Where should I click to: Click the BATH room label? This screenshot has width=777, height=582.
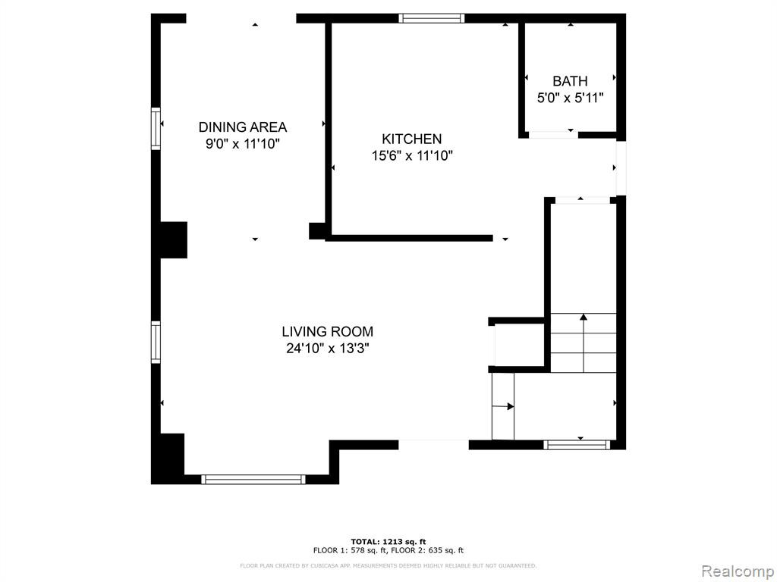[x=570, y=81]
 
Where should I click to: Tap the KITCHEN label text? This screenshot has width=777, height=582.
[x=411, y=139]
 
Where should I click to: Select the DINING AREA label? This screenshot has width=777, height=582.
[x=243, y=127]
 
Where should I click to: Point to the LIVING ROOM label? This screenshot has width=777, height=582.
[x=328, y=332]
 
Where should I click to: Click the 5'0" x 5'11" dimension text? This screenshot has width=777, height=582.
[x=571, y=98]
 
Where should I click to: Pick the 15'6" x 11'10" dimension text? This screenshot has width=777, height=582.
[x=412, y=156]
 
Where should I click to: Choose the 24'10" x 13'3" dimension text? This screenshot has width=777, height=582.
[x=328, y=349]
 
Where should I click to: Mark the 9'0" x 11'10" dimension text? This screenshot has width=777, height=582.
[x=243, y=145]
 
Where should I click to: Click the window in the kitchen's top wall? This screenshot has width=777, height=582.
[x=432, y=18]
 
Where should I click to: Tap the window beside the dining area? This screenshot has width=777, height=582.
[x=156, y=128]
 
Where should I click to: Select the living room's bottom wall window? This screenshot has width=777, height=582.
[x=253, y=479]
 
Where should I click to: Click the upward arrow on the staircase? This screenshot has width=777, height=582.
[x=584, y=343]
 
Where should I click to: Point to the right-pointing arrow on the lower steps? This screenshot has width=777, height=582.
[x=503, y=407]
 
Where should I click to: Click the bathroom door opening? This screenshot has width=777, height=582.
[x=553, y=135]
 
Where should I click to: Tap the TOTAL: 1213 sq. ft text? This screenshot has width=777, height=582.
[x=388, y=542]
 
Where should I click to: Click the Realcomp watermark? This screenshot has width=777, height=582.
[x=738, y=571]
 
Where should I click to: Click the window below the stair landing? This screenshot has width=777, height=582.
[x=577, y=445]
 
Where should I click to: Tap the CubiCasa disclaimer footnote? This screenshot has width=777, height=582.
[x=388, y=565]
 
